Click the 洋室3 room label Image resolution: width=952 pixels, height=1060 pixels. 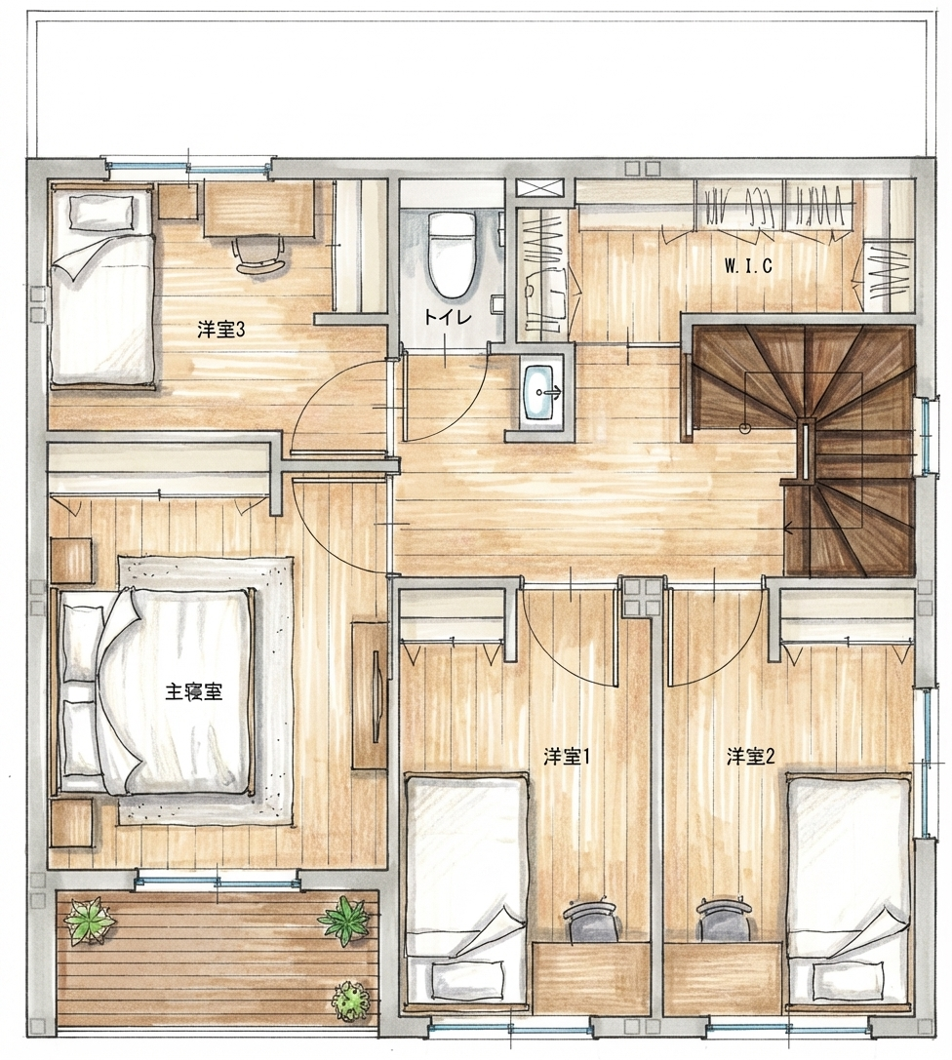tap(220, 330)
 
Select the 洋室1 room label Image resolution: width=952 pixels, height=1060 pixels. tap(568, 757)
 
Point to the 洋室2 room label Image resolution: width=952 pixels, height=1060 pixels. tap(750, 757)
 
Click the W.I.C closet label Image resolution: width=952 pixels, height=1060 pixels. tap(748, 265)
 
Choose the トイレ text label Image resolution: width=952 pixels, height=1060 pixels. tap(447, 317)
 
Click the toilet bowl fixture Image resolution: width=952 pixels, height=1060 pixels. tap(451, 255)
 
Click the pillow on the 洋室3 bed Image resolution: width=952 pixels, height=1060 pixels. tap(102, 210)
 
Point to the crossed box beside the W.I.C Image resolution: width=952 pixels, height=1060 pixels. tap(539, 187)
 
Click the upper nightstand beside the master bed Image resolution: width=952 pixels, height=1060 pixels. tap(71, 561)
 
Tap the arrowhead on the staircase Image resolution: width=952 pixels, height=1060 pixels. tap(788, 528)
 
